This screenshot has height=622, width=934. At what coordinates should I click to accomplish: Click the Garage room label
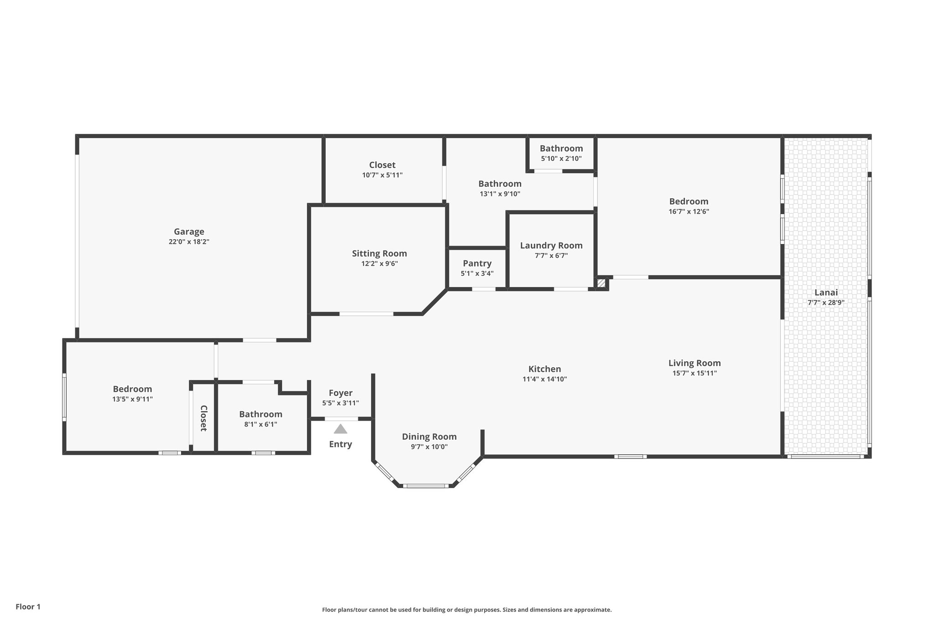189,231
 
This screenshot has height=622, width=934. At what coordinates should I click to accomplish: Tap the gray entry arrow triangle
340,429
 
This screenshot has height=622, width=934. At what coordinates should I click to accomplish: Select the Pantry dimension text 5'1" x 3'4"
477,273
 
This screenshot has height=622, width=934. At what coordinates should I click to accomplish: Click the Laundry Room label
551,246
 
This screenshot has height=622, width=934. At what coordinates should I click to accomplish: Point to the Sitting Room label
379,253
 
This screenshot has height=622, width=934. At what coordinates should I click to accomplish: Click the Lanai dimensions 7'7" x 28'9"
826,302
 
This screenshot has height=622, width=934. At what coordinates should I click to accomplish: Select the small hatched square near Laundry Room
601,283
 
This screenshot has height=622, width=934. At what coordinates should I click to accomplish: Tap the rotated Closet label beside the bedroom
203,418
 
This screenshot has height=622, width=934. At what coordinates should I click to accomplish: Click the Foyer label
340,393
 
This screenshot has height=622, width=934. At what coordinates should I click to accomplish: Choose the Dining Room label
429,437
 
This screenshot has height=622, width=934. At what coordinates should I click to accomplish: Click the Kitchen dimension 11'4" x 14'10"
545,379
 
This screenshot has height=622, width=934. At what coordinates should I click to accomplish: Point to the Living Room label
694,363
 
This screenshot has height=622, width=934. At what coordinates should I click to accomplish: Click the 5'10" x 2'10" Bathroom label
561,149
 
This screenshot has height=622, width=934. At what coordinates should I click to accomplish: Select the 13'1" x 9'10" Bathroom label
499,184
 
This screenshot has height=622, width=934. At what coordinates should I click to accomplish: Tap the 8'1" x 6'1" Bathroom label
260,414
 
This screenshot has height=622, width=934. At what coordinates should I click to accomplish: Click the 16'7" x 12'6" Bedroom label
689,201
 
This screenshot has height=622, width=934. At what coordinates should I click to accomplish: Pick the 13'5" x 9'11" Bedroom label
132,389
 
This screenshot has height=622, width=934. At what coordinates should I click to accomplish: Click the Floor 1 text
28,607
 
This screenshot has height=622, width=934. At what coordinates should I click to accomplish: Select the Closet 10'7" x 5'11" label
382,165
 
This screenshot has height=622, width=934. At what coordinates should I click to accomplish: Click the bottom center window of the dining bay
426,486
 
